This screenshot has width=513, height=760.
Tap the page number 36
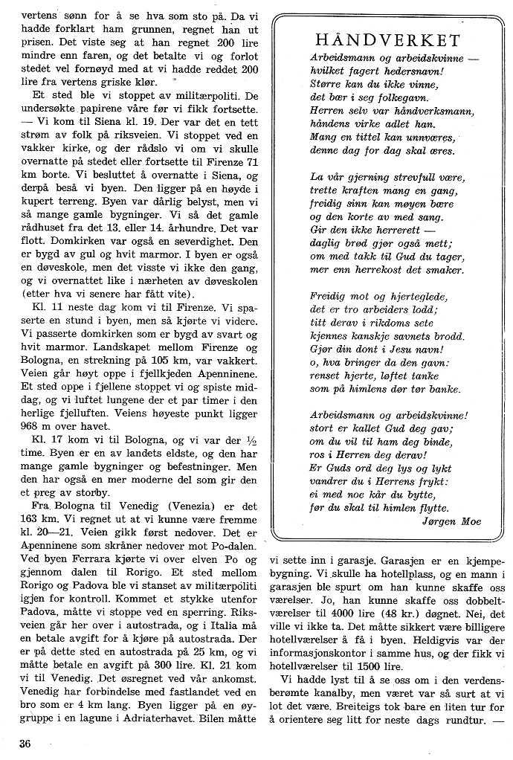coord(25,744)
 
